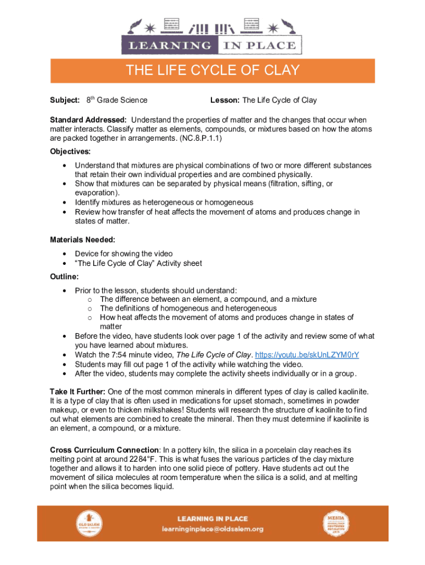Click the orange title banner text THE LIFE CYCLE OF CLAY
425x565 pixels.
coord(212,71)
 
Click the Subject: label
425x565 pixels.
coord(65,100)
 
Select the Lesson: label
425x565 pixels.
coord(225,100)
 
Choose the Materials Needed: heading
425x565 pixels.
coord(83,240)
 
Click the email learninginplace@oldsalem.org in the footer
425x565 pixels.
coord(212,529)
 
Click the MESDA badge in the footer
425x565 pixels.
coord(336,523)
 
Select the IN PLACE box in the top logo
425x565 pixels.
coord(259,46)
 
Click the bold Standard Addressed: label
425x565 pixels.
coord(89,120)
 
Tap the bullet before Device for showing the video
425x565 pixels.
coord(66,254)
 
